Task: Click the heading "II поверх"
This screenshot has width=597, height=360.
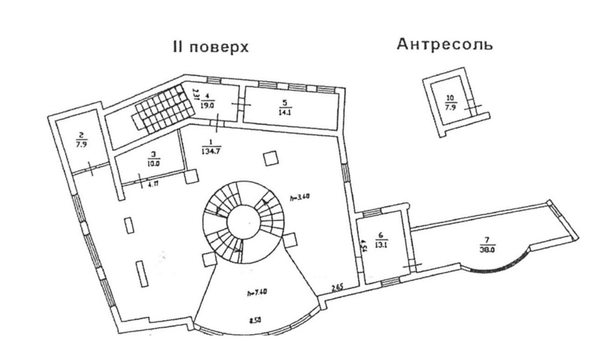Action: [x=210, y=47]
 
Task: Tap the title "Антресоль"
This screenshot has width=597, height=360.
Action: [x=445, y=45]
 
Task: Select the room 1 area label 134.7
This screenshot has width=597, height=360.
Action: [x=209, y=148]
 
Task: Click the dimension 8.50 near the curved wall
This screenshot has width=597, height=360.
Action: [x=256, y=320]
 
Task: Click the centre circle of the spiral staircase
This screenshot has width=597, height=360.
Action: [x=243, y=222]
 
